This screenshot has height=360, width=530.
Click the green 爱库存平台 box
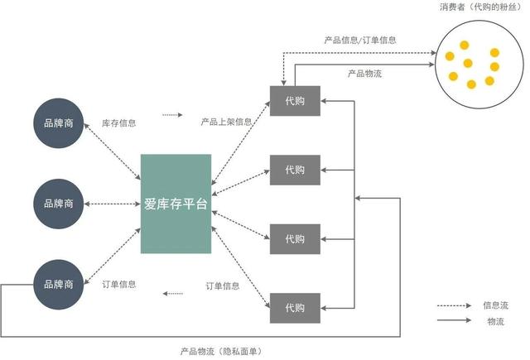[176, 203]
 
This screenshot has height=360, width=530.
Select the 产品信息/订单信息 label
[359, 40]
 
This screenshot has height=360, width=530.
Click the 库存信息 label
[119, 122]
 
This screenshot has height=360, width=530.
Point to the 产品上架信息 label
[225, 122]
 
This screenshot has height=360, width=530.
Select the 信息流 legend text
[495, 305]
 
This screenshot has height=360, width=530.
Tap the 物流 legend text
[495, 320]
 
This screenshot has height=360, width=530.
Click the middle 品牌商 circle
[58, 203]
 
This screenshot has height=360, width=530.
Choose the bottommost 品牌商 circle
[58, 284]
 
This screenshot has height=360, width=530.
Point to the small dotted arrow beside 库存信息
[171, 116]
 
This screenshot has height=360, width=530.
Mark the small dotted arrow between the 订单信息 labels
[173, 293]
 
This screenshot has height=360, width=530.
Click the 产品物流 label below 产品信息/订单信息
[364, 73]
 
